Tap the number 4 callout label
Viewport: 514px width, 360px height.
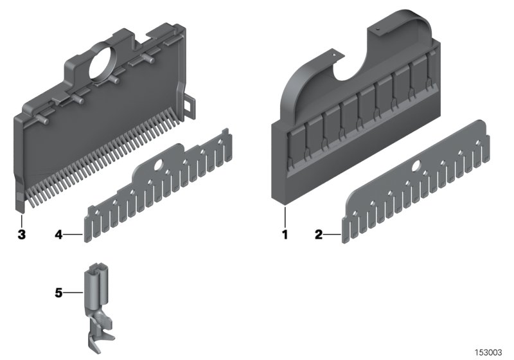tap(58, 236)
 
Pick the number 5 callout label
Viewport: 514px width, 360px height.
tap(58, 293)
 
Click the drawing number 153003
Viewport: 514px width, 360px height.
tap(489, 352)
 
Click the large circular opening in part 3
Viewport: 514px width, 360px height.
tap(104, 64)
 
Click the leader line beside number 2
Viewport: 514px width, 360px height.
tap(333, 235)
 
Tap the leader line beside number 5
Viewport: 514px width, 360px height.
tap(73, 293)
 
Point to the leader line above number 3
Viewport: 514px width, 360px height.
tap(21, 219)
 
